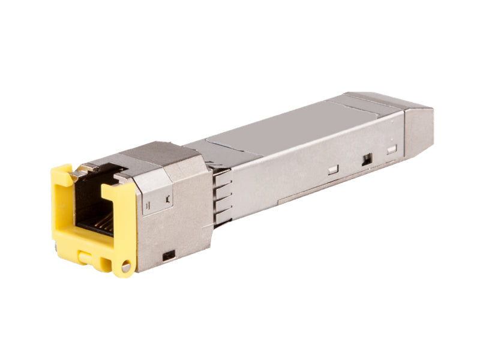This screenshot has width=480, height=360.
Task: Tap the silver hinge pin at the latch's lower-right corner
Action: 126,268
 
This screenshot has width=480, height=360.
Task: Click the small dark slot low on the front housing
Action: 169,255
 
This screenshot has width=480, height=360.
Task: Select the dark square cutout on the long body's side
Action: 367,159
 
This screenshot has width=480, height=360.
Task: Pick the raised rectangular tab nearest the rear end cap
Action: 391,149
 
